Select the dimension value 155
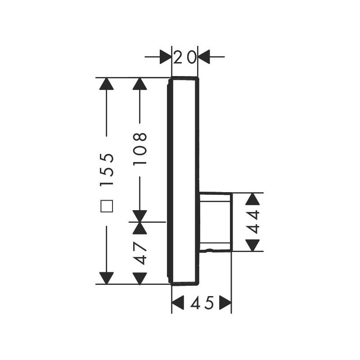coord(107,169)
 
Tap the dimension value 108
coord(140,148)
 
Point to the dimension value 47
coord(140,253)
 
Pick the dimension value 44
coord(252,222)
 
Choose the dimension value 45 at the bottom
coord(202,302)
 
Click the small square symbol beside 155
coord(107,206)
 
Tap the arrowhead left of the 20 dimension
coord(166,57)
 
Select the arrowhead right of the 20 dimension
coord(204,57)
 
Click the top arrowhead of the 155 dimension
coord(107,84)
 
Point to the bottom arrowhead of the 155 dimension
coord(107,278)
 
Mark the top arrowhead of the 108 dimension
coord(140,84)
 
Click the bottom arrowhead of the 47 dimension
coord(140,279)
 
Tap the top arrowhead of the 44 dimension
coord(252,199)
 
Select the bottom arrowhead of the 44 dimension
coord(252,245)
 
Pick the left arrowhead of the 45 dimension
coord(178,302)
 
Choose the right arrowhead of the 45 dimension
coord(225,302)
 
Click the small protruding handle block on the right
coord(216,222)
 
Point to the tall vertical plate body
coord(183,181)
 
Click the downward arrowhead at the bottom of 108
coord(140,216)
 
